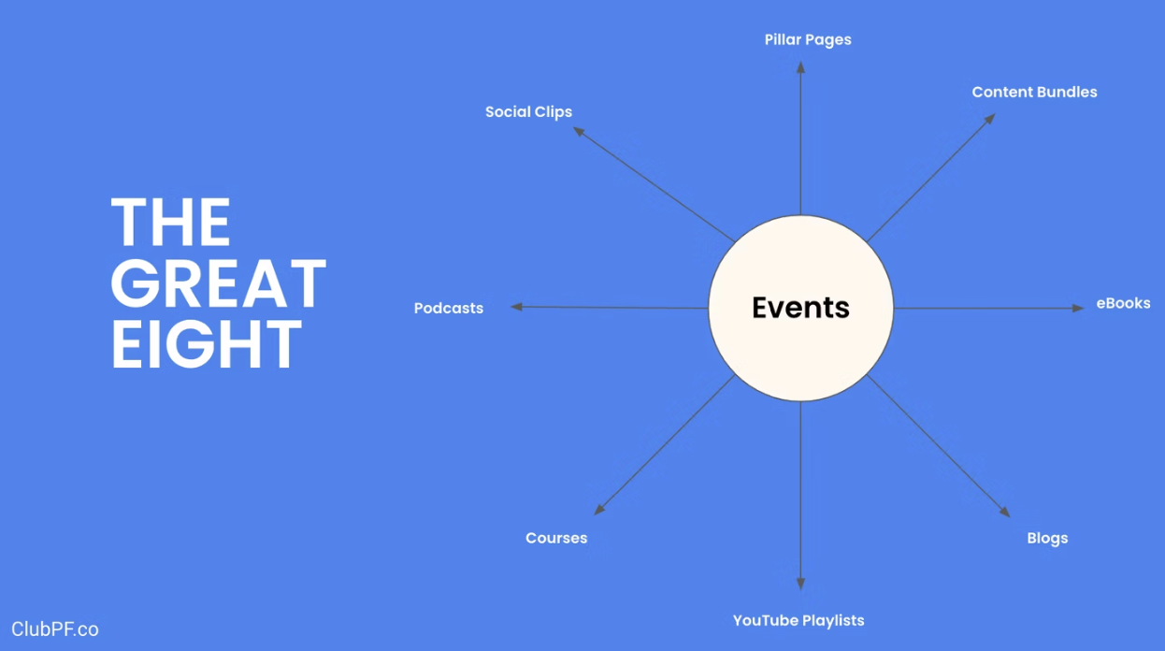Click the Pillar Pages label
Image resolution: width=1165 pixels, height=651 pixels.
point(808,40)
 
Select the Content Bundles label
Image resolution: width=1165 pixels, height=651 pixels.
point(1034,92)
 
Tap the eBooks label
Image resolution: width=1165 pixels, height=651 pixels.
point(1124,303)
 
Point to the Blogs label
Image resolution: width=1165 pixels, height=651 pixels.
point(1047,538)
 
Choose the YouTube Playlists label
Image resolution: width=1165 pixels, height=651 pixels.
point(798,621)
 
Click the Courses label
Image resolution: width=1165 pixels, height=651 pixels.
point(556,538)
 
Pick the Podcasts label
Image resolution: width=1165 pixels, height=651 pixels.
point(448,308)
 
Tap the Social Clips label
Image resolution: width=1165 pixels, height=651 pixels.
point(528,112)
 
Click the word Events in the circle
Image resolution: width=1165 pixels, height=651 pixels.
point(800,307)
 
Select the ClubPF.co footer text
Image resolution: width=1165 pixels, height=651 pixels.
point(55,629)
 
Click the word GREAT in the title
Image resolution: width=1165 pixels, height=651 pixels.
point(219,282)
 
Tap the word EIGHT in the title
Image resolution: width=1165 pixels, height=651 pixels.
point(207,344)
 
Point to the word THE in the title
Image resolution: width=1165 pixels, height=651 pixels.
point(170,222)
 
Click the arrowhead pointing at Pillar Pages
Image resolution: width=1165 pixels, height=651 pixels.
point(801,67)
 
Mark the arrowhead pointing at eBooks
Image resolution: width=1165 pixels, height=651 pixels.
point(1078,308)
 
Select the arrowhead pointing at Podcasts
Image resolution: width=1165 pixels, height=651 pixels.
point(516,307)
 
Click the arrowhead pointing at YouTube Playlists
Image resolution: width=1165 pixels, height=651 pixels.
point(801,584)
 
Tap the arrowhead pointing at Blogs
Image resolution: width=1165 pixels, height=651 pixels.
point(1005,512)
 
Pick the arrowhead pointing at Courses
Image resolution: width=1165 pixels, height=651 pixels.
point(599,510)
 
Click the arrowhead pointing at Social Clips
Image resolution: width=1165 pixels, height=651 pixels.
point(579,131)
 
